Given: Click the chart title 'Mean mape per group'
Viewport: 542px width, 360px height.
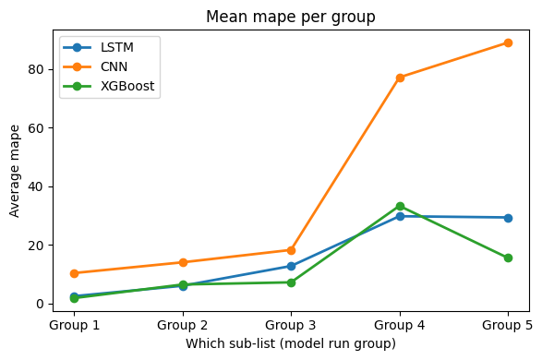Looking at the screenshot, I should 291,17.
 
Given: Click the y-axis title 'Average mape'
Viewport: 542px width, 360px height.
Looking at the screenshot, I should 15,172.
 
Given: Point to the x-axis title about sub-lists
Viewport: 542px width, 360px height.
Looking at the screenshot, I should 291,343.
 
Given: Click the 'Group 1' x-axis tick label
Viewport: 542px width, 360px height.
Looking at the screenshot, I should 74,325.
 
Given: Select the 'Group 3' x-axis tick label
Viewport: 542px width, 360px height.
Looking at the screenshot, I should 291,325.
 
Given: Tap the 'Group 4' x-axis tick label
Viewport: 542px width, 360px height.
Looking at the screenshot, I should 400,325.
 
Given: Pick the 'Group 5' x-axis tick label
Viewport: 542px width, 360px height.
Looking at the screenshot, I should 508,325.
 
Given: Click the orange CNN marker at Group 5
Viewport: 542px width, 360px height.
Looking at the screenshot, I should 508,42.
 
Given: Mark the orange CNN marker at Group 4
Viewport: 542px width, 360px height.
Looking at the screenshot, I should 400,78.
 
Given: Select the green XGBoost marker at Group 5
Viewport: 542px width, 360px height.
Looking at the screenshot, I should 508,258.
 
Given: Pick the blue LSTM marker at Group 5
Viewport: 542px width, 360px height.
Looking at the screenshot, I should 508,218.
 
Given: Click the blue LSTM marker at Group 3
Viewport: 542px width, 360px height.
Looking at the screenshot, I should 291,266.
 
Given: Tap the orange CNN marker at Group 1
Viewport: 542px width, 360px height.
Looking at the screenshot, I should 74,273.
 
